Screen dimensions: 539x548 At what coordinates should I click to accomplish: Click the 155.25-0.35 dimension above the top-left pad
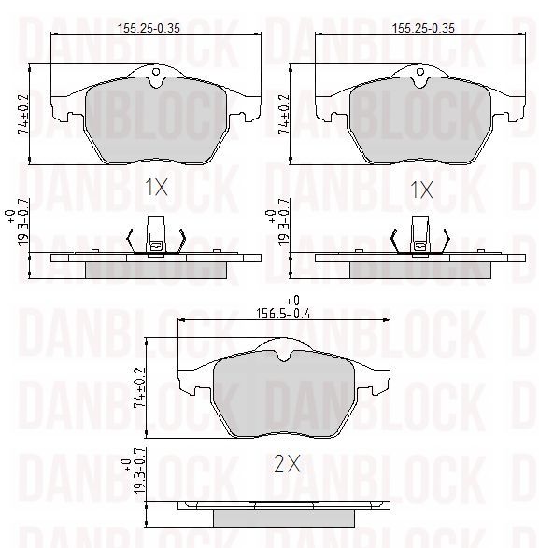[149, 28]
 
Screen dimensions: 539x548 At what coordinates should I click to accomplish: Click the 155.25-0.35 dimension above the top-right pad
[423, 28]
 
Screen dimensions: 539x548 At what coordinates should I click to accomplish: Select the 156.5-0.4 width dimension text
[283, 314]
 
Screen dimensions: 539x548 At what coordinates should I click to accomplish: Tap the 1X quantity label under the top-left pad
[156, 187]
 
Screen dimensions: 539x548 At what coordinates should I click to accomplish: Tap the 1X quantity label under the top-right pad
[421, 190]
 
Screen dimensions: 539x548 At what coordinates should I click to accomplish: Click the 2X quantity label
[287, 464]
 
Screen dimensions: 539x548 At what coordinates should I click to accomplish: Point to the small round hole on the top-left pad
[156, 72]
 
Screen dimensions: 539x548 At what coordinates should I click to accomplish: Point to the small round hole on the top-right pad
[420, 72]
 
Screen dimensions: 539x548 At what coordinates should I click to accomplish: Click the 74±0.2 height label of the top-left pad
[23, 114]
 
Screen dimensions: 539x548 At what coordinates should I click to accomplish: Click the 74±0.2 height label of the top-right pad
[284, 114]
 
